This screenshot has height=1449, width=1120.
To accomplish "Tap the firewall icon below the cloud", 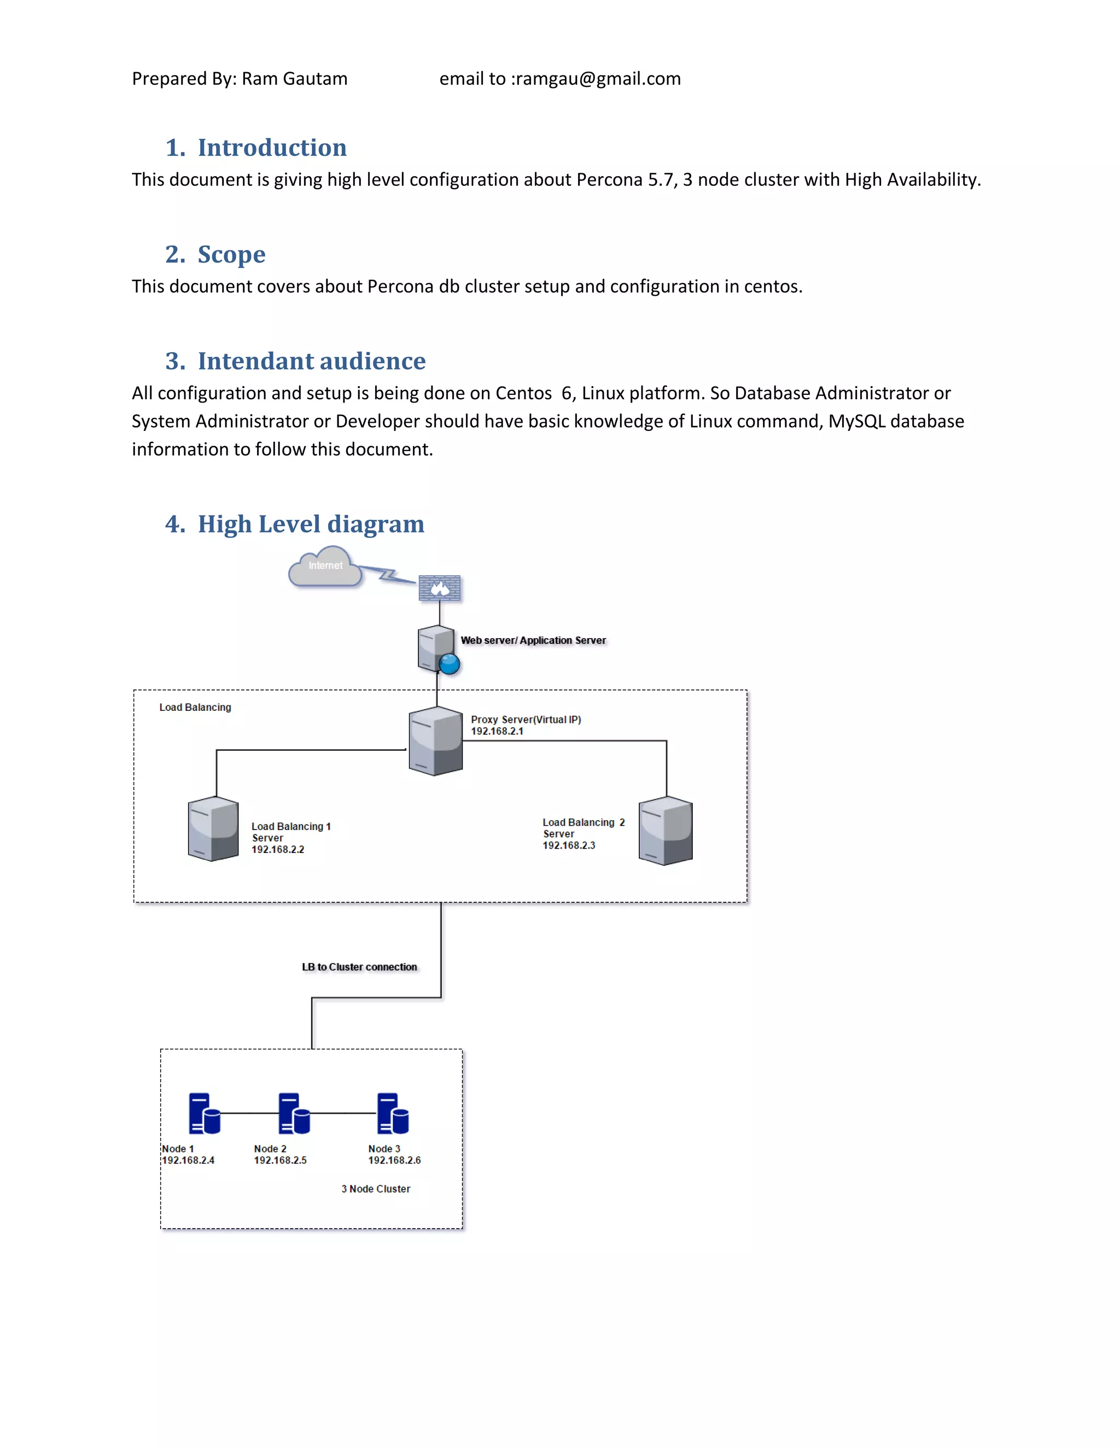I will click(439, 588).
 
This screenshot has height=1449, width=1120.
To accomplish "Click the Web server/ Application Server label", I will click(533, 640).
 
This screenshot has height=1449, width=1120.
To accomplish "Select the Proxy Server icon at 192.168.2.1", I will click(435, 740).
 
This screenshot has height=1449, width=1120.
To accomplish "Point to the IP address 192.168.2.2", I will click(277, 849).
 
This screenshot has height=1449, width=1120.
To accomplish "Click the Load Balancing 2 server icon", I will click(666, 830).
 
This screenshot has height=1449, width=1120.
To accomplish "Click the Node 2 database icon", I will click(294, 1114).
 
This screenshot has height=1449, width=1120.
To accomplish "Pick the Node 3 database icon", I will click(393, 1114).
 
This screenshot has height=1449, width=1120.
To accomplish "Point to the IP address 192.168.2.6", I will click(394, 1160).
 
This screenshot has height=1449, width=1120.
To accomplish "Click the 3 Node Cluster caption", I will click(376, 1188).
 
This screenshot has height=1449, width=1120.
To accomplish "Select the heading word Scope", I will click(231, 254).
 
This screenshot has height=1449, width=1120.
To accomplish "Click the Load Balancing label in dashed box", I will click(195, 707).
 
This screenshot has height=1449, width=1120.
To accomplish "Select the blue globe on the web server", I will click(449, 664).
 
